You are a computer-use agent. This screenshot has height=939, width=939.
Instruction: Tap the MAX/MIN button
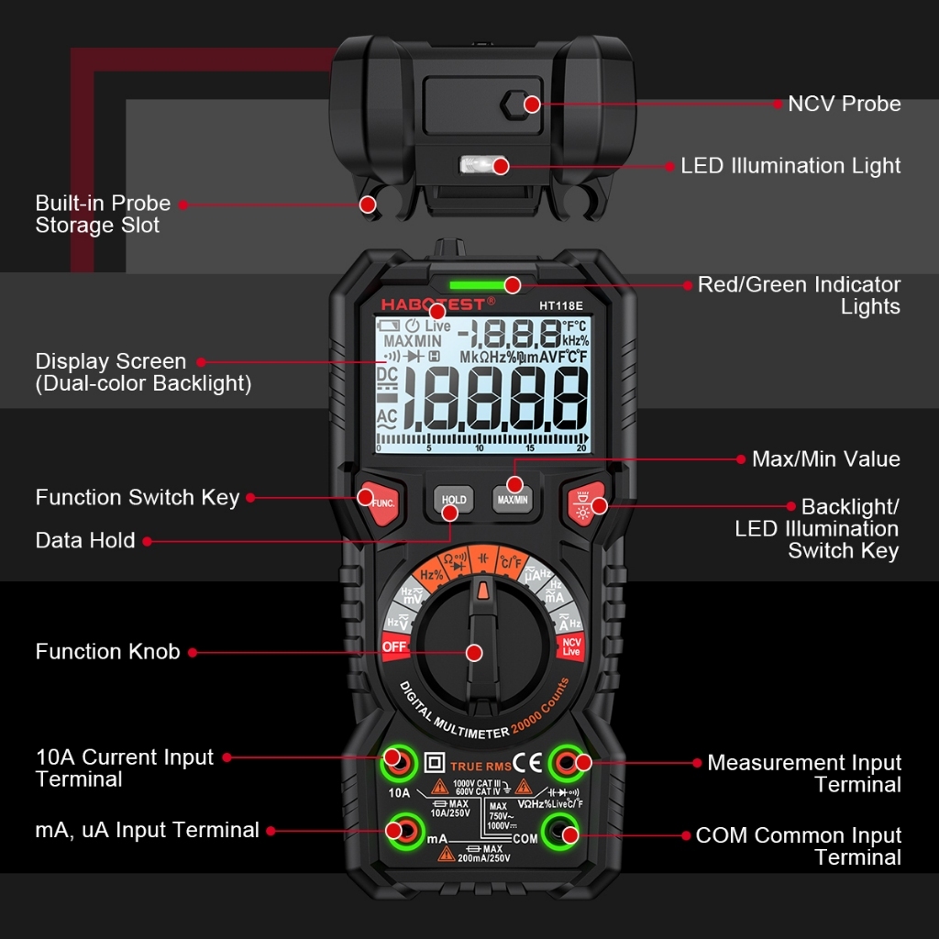513,500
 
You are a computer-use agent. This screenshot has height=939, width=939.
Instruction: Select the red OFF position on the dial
394,646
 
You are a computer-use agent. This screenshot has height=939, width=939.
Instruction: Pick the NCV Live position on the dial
571,646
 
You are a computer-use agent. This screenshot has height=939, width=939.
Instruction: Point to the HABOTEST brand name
437,303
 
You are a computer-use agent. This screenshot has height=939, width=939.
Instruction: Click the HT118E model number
560,305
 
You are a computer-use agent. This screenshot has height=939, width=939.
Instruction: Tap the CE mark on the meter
526,762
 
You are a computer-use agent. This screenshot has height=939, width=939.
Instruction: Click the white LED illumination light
476,166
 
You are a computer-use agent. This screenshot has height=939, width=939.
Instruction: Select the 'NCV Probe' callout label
844,104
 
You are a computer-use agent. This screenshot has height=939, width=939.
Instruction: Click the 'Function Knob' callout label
107,652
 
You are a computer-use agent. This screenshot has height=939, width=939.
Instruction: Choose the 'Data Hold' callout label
85,541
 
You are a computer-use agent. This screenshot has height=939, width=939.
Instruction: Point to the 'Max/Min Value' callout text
825,459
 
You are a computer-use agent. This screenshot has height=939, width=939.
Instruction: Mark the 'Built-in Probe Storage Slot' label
103,214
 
